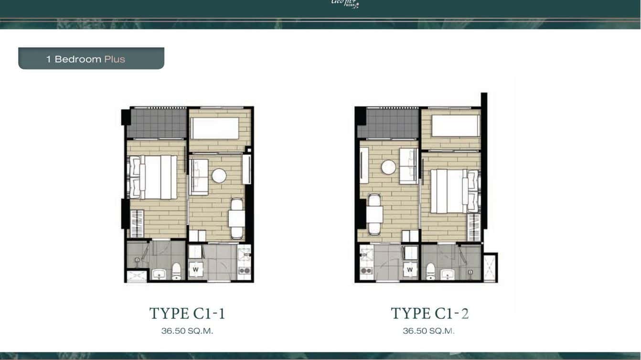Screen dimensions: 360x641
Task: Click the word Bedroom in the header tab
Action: coord(78,59)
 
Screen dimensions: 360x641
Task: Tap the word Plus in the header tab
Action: coord(115,59)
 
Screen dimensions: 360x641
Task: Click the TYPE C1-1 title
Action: coord(187,314)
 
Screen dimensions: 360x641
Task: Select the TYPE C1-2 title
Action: coord(429,314)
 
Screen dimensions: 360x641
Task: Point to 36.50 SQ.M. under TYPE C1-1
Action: coord(187,330)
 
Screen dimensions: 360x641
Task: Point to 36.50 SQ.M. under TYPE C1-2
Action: coord(428,330)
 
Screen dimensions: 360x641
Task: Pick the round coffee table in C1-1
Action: coord(219,176)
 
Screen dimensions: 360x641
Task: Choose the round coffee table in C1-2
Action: coord(388,167)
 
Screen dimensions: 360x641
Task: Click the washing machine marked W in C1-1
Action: coord(196,270)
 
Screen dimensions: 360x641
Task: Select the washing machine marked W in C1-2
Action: coord(410,270)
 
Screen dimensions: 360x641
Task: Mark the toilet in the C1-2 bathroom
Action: coord(430,271)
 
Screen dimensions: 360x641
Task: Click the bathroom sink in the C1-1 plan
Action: coord(159,274)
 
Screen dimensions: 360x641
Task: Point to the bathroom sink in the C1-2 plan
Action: coord(447,274)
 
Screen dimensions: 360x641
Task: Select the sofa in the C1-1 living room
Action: coord(199,177)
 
